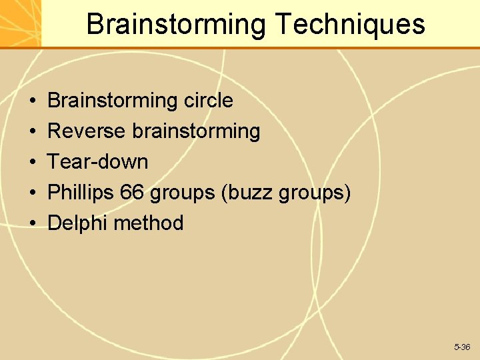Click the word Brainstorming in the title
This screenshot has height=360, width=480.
tap(176, 25)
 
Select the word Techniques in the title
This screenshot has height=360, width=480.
tap(349, 25)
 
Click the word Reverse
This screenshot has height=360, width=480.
tap(87, 131)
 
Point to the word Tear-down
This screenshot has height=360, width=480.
tap(98, 161)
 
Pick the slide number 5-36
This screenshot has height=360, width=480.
tap(462, 347)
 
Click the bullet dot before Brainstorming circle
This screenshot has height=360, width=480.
tap(33, 101)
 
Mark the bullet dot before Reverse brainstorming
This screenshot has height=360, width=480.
tap(33, 132)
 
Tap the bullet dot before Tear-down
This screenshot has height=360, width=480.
tap(33, 163)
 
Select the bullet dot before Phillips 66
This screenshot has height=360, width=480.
tap(33, 193)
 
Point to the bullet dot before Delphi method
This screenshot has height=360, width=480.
tap(33, 223)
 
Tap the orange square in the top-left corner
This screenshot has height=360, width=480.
tap(20, 23)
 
